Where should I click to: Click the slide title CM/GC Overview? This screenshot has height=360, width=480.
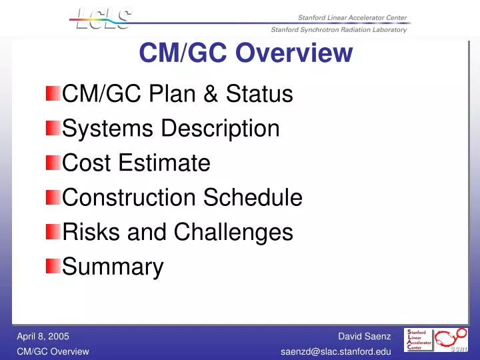point(246,53)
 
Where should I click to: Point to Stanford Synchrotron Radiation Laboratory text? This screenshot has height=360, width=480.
point(339,30)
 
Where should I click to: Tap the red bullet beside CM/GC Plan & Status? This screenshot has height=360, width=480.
point(53,93)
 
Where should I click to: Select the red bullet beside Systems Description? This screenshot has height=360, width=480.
point(53,127)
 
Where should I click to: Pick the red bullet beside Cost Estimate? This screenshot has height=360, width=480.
point(53,162)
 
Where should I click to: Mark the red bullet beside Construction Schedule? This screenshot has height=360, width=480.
point(53,197)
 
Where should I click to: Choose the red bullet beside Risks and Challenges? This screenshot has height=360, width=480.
point(53,231)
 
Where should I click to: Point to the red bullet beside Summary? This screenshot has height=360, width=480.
point(53,266)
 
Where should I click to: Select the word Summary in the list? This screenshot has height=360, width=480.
point(113,267)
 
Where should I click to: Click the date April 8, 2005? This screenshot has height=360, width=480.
point(43,337)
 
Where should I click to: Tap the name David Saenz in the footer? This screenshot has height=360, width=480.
point(364,337)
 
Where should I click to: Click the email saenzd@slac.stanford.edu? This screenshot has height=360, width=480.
point(335,351)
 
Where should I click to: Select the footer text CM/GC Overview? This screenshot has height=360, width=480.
point(53,351)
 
